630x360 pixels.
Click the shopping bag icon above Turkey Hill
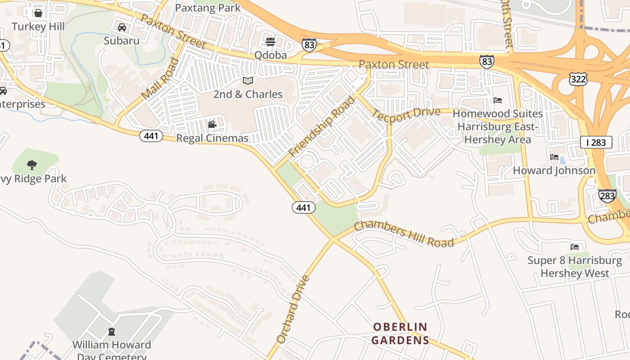pyautogui.click(x=38, y=13)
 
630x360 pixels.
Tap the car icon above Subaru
pyautogui.click(x=121, y=27)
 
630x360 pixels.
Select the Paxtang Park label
pyautogui.click(x=208, y=8)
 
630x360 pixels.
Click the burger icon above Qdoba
pyautogui.click(x=270, y=42)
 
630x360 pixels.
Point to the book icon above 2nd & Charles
pyautogui.click(x=248, y=81)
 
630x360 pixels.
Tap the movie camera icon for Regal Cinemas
pyautogui.click(x=212, y=124)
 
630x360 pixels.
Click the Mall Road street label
pyautogui.click(x=160, y=79)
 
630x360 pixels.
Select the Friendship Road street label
pyautogui.click(x=321, y=127)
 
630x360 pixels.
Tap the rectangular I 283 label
pyautogui.click(x=596, y=143)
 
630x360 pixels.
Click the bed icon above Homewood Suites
pyautogui.click(x=497, y=100)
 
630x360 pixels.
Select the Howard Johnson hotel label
pyautogui.click(x=554, y=171)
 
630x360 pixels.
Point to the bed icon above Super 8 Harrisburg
pyautogui.click(x=575, y=247)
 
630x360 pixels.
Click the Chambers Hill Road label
pyautogui.click(x=404, y=234)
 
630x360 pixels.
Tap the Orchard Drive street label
pyautogui.click(x=293, y=309)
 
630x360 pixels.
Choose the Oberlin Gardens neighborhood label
pyautogui.click(x=400, y=333)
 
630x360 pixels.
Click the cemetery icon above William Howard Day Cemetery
pyautogui.click(x=112, y=332)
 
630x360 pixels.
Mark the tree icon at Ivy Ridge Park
pyautogui.click(x=31, y=165)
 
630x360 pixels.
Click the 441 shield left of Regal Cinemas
pyautogui.click(x=151, y=135)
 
